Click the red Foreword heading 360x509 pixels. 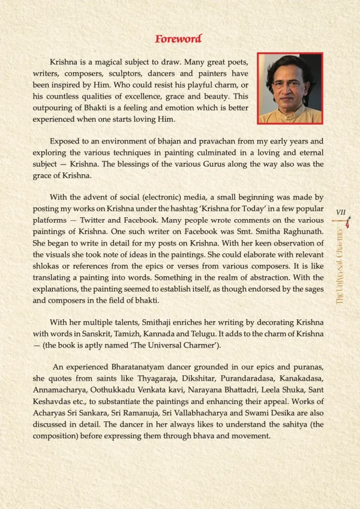[x=178, y=39]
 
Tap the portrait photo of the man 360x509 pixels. [x=290, y=88]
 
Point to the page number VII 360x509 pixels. [x=343, y=212]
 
